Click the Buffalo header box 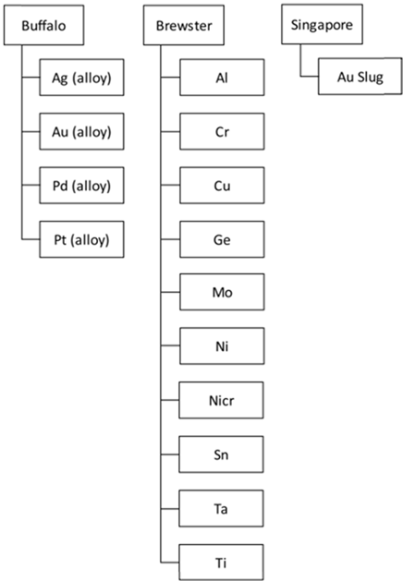coord(43,25)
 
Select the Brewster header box coord(184,25)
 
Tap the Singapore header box coord(322,24)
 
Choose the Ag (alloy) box coord(81,78)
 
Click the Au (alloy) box coord(81,131)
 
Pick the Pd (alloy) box coord(81,186)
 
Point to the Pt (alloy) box coord(81,239)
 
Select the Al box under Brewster coord(222,78)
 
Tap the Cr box coord(222,131)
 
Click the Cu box coord(222,186)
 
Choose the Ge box coord(222,239)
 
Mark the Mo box coord(222,292)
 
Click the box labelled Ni coord(222,346)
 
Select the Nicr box coord(221,400)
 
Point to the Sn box coord(221,454)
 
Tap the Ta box coord(221,508)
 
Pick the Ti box coord(221,563)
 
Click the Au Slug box coord(360,77)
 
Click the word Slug coord(371,78)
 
